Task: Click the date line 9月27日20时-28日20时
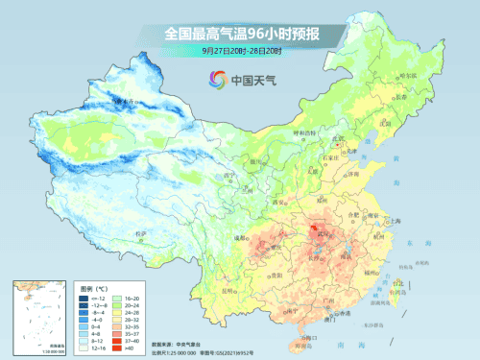240,50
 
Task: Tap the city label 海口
305,335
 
